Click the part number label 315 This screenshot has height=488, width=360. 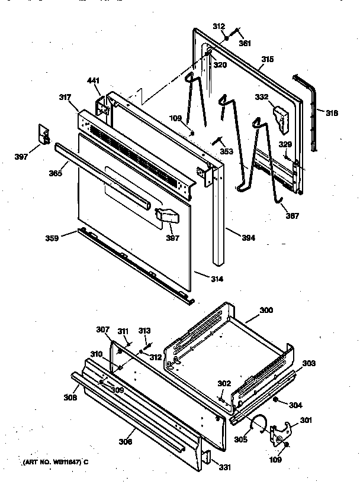click(267, 60)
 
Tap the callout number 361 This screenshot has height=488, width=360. click(245, 43)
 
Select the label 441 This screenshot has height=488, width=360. click(94, 80)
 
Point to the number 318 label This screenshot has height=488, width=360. click(332, 112)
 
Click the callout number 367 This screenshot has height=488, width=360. click(291, 215)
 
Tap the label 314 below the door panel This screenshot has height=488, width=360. click(217, 278)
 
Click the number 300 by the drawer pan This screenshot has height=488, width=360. click(266, 310)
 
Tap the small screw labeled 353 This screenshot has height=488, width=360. click(217, 140)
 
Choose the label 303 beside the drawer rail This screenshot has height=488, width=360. click(309, 363)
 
